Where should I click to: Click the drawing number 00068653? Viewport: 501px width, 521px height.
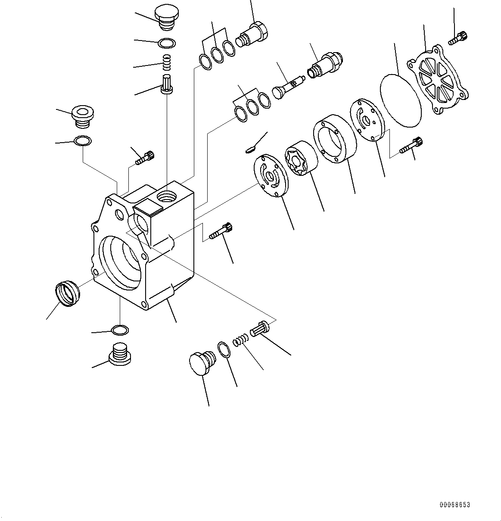pos(454,505)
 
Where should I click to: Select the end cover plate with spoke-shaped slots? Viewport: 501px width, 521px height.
pos(438,81)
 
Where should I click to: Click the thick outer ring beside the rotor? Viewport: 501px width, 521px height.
pos(334,138)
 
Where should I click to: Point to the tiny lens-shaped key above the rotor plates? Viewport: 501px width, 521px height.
pos(250,150)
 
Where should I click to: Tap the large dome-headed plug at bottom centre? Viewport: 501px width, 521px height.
pos(201,363)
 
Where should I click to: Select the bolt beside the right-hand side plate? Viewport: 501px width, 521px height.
pos(411,145)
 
